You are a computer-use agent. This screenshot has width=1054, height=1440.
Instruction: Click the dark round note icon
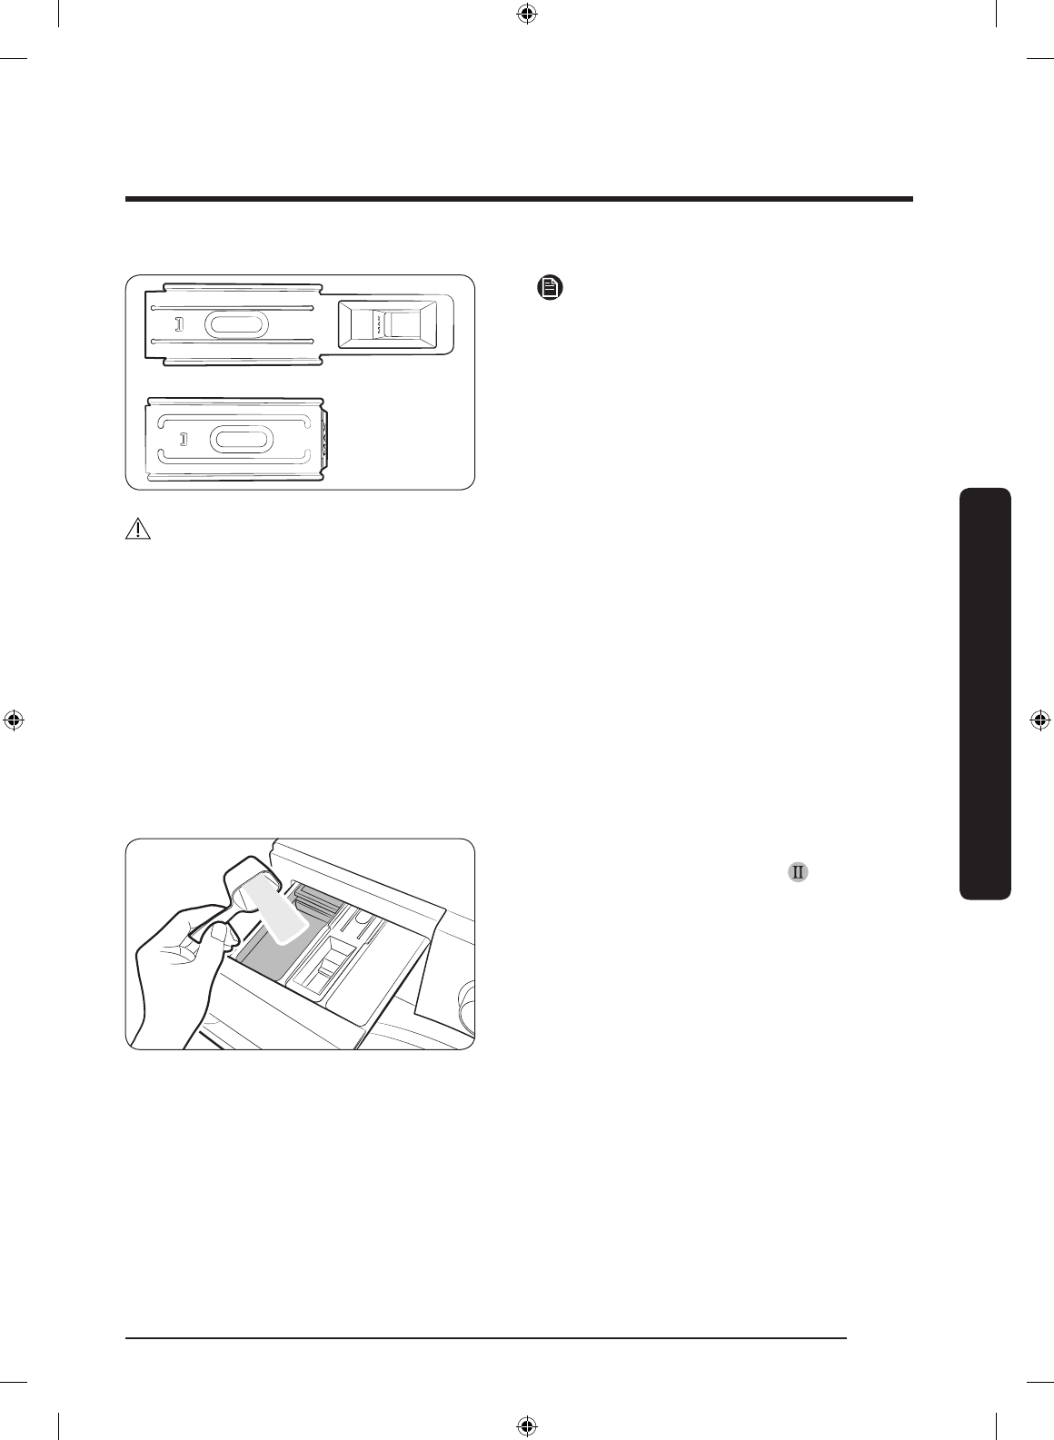[x=550, y=289]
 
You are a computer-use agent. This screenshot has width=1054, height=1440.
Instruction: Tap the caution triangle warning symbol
[x=138, y=530]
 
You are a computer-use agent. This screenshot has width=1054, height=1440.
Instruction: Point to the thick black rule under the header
[x=519, y=199]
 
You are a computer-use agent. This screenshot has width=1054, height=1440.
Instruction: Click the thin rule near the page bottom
[x=487, y=1337]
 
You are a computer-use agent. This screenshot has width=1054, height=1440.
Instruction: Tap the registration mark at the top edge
[x=526, y=14]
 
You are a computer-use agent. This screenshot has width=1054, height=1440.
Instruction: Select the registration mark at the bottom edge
[x=526, y=1425]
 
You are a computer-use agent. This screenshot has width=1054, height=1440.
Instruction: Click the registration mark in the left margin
[x=14, y=720]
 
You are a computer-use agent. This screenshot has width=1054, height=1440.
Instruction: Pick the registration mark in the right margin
[x=1040, y=720]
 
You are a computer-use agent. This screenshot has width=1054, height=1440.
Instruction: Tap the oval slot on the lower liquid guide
[x=241, y=439]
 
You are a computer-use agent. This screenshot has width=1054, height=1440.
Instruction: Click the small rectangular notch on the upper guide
[x=179, y=324]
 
